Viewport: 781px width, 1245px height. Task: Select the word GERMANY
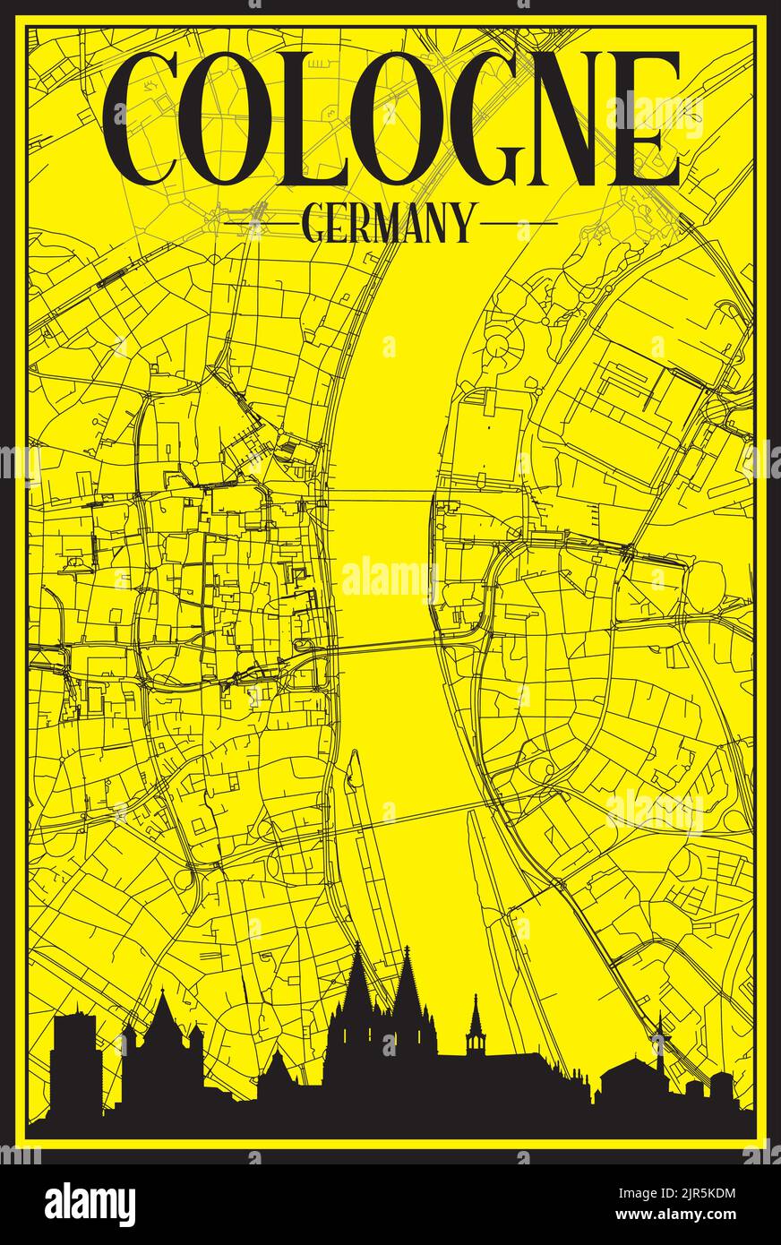(x=389, y=223)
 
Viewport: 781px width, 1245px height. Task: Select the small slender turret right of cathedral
(x=475, y=1030)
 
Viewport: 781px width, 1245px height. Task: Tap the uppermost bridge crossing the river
(x=381, y=493)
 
